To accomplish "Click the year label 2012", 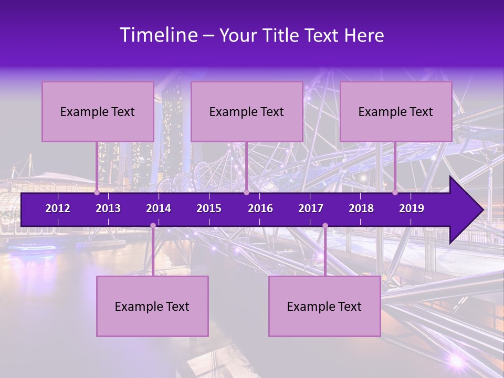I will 58,208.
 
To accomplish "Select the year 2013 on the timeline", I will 108,208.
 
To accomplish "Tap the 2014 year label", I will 159,208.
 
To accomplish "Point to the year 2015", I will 209,208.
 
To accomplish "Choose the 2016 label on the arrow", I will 260,208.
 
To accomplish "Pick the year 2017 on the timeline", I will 311,208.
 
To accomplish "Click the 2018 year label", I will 361,208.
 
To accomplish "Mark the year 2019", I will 412,208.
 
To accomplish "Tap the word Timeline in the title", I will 158,35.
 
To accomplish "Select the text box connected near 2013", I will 98,111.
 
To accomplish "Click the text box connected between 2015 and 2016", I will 247,111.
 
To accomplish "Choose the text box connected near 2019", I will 396,111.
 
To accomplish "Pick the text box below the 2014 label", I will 152,306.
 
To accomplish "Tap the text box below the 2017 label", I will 324,306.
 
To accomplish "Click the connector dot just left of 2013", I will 97,192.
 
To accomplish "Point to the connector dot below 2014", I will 153,226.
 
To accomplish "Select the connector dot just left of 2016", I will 246,192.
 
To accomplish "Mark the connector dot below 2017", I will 325,226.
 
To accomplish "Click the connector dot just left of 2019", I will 395,192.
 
